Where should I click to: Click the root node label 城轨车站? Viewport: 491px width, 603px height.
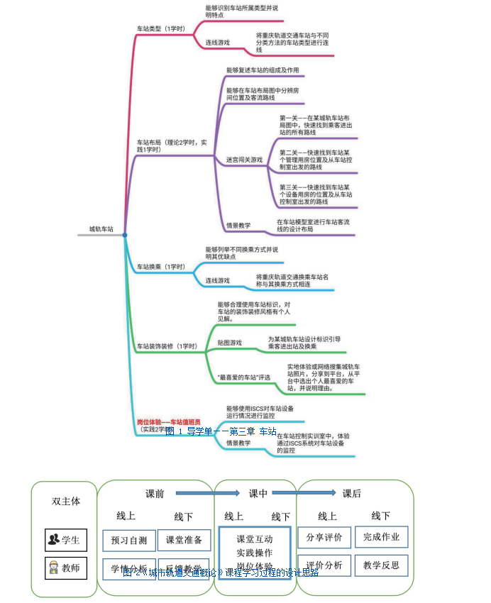(101, 229)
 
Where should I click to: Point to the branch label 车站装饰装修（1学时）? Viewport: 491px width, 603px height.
(167, 346)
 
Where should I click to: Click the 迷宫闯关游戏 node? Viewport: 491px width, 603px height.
(244, 160)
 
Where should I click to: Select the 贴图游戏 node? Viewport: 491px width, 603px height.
(229, 343)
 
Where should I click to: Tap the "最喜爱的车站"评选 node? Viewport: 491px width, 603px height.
(244, 377)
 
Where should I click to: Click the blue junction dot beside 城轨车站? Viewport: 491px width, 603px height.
(125, 235)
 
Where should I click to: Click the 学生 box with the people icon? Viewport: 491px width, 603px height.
(66, 540)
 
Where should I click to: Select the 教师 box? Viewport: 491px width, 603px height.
(66, 568)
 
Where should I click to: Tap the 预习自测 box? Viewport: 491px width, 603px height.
(128, 541)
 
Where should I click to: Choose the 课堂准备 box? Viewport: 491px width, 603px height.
(184, 540)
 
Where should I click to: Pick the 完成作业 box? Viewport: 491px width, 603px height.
(381, 537)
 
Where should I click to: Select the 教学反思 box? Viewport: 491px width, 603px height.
(381, 565)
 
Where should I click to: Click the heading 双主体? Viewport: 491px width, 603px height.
(66, 501)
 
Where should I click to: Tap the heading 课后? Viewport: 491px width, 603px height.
(352, 493)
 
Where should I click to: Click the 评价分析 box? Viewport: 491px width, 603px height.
(324, 565)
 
